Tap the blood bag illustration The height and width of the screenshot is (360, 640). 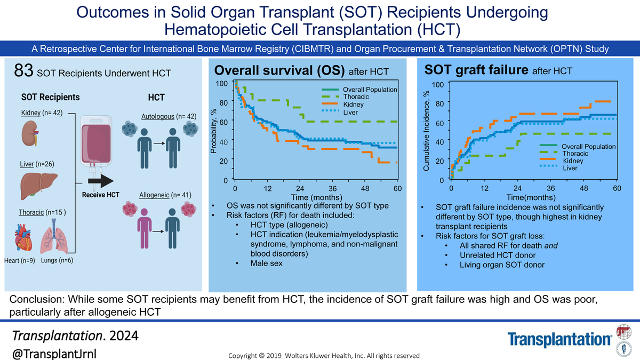[x=96, y=141]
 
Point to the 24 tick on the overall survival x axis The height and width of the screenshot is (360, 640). [x=300, y=189]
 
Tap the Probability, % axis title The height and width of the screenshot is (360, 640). [x=213, y=131]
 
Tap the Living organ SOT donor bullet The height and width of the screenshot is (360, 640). [x=502, y=265]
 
